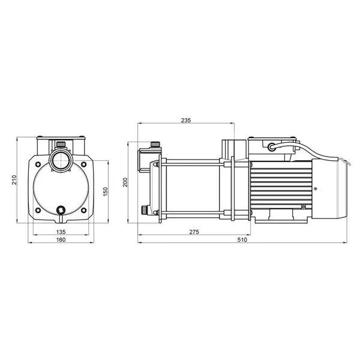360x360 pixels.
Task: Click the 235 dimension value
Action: pyautogui.click(x=186, y=121)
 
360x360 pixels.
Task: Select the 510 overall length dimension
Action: pyautogui.click(x=242, y=239)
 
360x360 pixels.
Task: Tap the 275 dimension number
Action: pyautogui.click(x=194, y=232)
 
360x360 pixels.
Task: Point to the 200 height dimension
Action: pyautogui.click(x=125, y=182)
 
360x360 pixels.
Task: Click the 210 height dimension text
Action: pyautogui.click(x=14, y=180)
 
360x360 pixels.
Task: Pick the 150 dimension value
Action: pyautogui.click(x=105, y=191)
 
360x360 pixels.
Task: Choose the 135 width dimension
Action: pyautogui.click(x=61, y=232)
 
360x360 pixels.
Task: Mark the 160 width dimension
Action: pyautogui.click(x=61, y=239)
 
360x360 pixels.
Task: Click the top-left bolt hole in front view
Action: pyautogui.click(x=38, y=164)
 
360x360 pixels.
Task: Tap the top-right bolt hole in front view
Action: pyautogui.click(x=84, y=164)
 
